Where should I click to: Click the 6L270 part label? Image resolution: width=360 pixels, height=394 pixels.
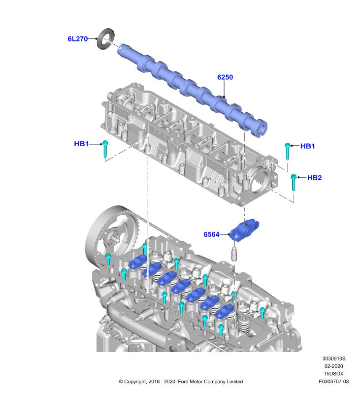[x=78, y=39]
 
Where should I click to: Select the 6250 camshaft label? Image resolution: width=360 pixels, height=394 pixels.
[x=225, y=77]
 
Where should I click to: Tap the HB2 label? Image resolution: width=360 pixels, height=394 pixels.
[x=315, y=178]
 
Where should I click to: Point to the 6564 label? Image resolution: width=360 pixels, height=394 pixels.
[x=212, y=234]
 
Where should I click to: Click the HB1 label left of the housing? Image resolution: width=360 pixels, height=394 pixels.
[x=81, y=144]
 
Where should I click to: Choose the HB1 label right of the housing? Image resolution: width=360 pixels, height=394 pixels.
[x=307, y=146]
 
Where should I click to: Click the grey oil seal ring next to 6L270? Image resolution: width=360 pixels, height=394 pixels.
[x=106, y=39]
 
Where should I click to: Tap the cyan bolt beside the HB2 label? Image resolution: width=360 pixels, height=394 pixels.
[x=293, y=182]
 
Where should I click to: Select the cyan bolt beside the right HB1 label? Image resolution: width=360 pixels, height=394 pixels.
[x=288, y=151]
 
